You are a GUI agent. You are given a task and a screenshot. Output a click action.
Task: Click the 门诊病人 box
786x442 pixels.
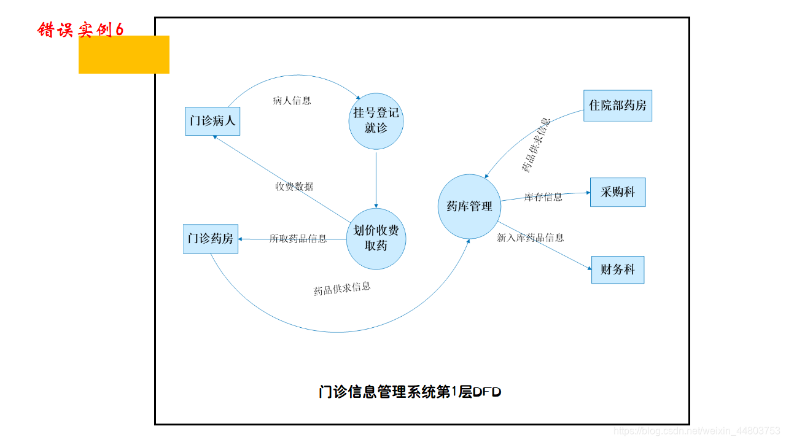click(212, 121)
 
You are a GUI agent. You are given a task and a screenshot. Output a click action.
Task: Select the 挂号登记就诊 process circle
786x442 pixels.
click(376, 120)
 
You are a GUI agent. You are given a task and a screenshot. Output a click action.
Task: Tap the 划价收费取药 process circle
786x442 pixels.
click(376, 238)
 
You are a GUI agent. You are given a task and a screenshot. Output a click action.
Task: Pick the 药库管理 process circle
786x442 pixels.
click(469, 206)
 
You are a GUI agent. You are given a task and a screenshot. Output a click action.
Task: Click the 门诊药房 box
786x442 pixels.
click(210, 239)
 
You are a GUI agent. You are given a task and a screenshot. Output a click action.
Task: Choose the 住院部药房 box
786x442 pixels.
click(617, 106)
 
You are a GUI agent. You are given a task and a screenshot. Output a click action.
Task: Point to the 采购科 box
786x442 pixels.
click(617, 192)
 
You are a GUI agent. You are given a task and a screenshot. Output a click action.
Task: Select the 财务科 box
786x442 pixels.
click(617, 269)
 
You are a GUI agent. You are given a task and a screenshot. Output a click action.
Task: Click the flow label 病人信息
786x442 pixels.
click(292, 101)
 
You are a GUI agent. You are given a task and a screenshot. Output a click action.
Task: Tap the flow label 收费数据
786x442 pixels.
click(294, 187)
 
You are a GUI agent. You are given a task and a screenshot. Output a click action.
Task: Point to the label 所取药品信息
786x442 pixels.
click(298, 239)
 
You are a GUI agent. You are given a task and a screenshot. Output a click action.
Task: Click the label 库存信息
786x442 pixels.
click(543, 197)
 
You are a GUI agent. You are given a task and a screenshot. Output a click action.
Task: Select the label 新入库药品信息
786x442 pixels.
click(530, 238)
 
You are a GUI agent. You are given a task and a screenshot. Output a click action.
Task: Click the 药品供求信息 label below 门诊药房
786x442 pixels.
click(342, 289)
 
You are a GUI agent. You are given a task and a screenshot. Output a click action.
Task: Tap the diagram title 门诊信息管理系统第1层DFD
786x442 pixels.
click(410, 392)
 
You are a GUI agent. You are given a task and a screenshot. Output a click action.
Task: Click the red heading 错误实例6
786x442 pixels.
click(80, 29)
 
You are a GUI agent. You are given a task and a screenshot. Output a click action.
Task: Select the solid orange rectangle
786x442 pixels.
click(124, 55)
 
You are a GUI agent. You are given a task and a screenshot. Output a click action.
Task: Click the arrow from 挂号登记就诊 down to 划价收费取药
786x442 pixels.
click(376, 178)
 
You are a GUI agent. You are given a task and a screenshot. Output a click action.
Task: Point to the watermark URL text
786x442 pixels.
click(696, 432)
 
